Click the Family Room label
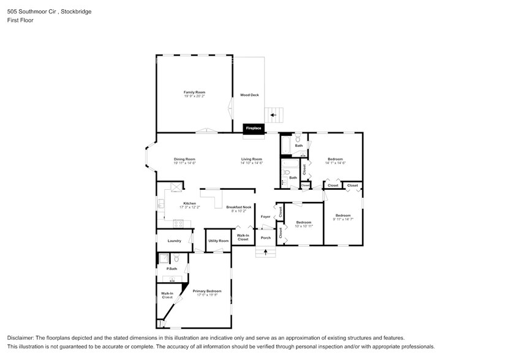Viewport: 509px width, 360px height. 194,92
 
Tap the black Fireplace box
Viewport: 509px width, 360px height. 254,128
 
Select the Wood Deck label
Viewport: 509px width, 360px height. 249,95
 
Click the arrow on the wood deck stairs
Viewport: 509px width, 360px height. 274,114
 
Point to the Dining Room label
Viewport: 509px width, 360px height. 184,159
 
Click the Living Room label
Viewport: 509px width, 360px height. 251,159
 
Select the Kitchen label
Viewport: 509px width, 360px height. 189,203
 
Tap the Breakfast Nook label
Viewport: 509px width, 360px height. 238,207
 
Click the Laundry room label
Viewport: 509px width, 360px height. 174,241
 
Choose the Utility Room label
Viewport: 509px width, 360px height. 218,241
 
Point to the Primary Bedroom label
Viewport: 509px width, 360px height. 207,291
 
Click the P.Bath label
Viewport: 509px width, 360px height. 172,269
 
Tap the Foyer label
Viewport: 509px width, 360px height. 265,217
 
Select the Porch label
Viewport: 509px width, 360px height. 266,238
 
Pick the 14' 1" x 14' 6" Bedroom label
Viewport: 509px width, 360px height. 335,159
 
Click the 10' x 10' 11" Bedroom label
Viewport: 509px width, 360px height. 304,222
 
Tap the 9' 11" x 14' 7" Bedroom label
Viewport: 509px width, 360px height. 342,215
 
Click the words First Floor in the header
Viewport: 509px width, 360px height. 21,20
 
